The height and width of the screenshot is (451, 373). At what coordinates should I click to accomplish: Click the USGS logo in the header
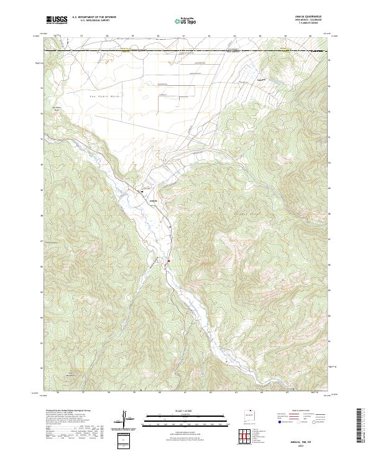point(57,20)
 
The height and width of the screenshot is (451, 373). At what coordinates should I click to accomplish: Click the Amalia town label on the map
point(154,201)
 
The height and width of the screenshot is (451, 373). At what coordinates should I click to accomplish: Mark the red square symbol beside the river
point(168,261)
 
